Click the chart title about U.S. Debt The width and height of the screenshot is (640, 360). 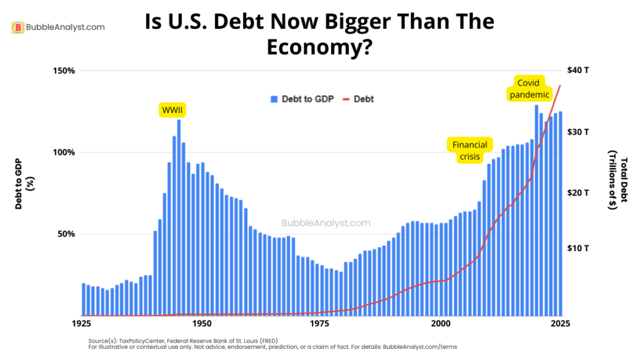click(x=319, y=34)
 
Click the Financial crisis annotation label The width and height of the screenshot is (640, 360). click(x=470, y=151)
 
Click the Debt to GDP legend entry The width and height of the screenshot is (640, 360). click(x=302, y=99)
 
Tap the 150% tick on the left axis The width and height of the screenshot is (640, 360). click(x=63, y=71)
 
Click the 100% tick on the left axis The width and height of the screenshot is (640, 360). click(x=63, y=152)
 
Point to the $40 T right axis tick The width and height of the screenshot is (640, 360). click(x=578, y=71)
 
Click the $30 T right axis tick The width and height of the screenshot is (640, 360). click(x=578, y=132)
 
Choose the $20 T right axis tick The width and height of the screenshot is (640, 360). click(x=578, y=193)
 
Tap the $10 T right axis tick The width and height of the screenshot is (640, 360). click(x=578, y=248)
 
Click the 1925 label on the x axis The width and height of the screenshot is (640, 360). click(x=82, y=324)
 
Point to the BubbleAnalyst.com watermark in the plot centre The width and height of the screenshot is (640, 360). click(x=326, y=223)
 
